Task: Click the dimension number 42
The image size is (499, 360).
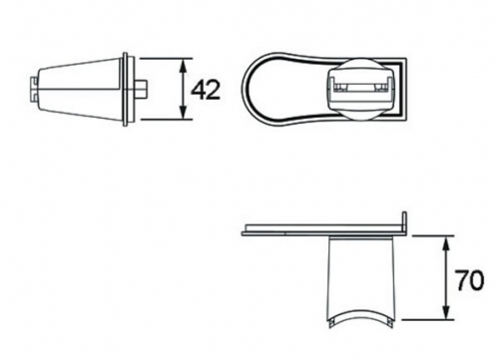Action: pos(206,90)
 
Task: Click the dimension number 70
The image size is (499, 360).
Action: pos(469,280)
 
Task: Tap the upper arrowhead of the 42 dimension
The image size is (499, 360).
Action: pos(183,67)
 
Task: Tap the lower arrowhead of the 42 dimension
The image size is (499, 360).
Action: pos(183,111)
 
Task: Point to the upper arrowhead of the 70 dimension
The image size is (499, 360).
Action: pos(447,244)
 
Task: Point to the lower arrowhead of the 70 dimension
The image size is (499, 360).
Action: pos(447,311)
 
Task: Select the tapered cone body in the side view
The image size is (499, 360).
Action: pos(79,89)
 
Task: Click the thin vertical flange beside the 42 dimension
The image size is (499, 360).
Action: pos(126,89)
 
